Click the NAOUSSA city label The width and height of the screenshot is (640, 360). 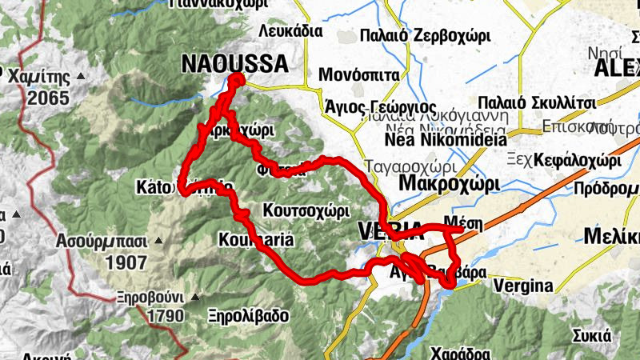pos(234,63)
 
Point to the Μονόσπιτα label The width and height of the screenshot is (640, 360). pos(359,75)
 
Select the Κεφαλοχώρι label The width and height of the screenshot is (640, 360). pos(578,159)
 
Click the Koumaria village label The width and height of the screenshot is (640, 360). pos(256,240)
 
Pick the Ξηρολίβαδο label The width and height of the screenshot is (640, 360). pos(248,315)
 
